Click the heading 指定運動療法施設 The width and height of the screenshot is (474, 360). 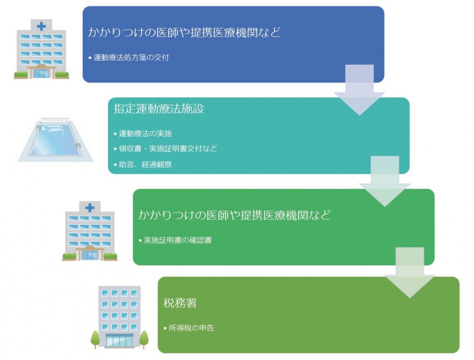159,108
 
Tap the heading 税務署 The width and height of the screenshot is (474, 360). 180,303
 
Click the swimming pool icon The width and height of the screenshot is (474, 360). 56,139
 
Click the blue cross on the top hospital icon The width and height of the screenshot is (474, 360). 41,26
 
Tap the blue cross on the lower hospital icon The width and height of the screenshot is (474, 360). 90,208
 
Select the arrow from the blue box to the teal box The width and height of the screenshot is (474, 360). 359,90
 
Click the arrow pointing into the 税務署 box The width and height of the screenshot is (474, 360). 410,273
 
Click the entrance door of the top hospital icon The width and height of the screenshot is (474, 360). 41,74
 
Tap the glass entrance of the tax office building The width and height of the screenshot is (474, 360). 119,341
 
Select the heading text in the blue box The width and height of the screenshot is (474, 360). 184,32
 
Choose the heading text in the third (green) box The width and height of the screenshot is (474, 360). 235,215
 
